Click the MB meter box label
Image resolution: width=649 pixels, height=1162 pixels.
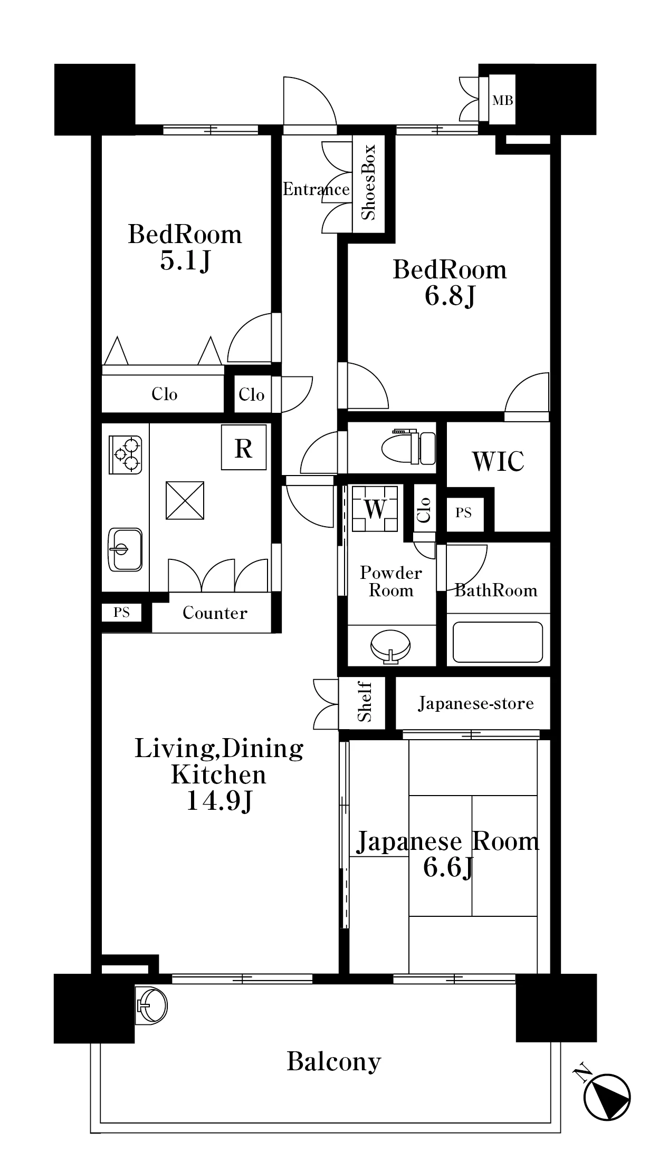[x=502, y=100]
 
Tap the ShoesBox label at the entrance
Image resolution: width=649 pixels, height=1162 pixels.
[x=368, y=182]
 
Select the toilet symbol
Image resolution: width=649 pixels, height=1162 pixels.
[x=409, y=448]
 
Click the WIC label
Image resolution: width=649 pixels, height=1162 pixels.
[x=498, y=461]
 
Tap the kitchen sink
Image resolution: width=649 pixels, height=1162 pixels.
[x=125, y=550]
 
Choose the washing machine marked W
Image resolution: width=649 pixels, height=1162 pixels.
[x=375, y=509]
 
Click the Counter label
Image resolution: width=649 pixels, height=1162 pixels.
[x=215, y=613]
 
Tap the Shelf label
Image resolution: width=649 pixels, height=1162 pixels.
[x=365, y=702]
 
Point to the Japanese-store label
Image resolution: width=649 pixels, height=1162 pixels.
[x=476, y=703]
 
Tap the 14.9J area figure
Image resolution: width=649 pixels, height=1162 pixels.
[x=218, y=802]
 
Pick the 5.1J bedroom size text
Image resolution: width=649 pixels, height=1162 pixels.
[x=185, y=260]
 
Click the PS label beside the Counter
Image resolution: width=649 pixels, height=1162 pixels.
[x=121, y=613]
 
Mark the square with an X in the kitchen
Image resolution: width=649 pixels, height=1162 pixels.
[x=185, y=500]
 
